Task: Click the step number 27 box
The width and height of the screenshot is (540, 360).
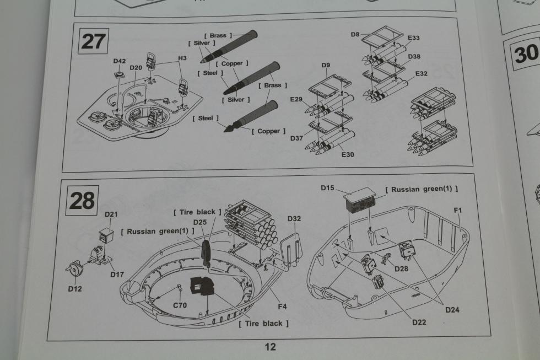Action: click(x=93, y=42)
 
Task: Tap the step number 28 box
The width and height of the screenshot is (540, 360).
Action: click(x=82, y=201)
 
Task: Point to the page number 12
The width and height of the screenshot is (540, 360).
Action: click(x=271, y=347)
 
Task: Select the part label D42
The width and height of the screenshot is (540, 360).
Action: click(x=120, y=61)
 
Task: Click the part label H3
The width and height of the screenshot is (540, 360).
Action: click(x=182, y=58)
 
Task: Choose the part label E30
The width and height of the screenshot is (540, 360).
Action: click(x=348, y=155)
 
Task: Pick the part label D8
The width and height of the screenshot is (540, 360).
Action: click(x=355, y=34)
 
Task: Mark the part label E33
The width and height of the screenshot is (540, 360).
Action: click(x=414, y=37)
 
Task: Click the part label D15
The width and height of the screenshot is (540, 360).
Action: click(x=327, y=188)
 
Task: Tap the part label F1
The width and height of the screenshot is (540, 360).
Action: click(x=458, y=210)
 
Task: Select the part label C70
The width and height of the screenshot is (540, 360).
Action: click(x=180, y=305)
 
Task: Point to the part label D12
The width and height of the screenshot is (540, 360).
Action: click(x=75, y=289)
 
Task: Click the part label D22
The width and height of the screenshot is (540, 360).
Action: click(x=419, y=322)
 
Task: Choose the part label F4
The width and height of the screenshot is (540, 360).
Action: click(x=282, y=307)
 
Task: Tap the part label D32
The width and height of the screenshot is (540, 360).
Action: click(x=294, y=218)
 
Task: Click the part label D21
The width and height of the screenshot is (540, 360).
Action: click(x=111, y=214)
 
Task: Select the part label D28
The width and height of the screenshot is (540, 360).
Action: click(x=401, y=268)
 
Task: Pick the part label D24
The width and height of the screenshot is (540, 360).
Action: click(x=452, y=310)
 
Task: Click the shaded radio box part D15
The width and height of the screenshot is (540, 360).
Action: click(x=360, y=199)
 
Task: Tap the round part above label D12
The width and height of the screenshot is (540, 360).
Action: click(x=75, y=268)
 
